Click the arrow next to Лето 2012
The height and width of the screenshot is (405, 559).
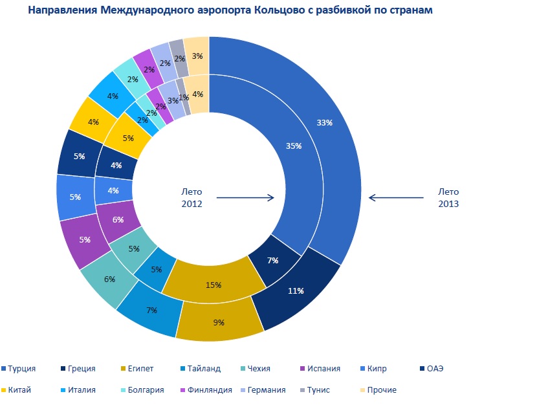(x=245, y=198)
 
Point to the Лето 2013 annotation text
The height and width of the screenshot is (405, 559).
(x=448, y=197)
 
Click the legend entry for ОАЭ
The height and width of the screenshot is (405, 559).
(x=434, y=369)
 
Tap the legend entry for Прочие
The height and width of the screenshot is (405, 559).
(x=381, y=390)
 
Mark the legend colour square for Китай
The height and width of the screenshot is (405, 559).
(x=4, y=390)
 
